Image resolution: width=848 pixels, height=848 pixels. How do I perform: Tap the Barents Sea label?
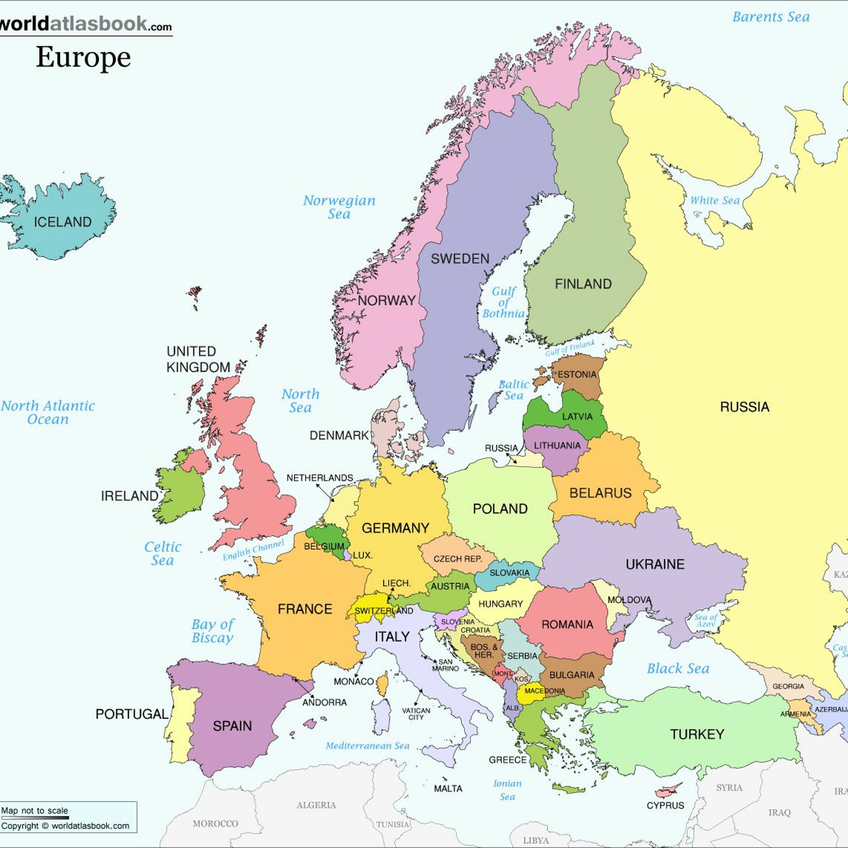(771, 17)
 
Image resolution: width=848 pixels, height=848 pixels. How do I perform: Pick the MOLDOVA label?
(629, 600)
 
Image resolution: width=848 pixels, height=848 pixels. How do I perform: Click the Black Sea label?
(678, 669)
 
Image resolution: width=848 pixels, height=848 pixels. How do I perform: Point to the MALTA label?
(448, 789)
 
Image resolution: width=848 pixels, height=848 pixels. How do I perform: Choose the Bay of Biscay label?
(213, 631)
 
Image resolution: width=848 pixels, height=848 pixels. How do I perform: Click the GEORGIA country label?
(788, 686)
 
